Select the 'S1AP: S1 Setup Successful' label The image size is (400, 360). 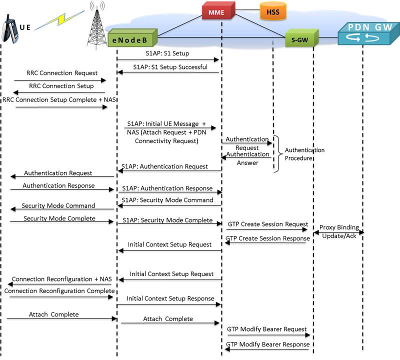[x=170, y=66]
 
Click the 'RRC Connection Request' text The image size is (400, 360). [x=55, y=73]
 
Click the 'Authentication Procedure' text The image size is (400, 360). [x=304, y=153]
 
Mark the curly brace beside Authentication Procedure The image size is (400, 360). [x=276, y=153]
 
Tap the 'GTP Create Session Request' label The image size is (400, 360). [x=267, y=224]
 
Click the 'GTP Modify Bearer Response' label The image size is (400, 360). [x=267, y=344]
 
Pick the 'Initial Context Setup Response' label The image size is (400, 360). [x=170, y=298]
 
